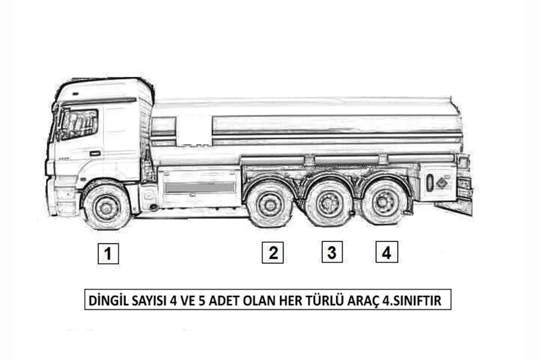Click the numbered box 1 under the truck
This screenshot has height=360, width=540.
(108, 254)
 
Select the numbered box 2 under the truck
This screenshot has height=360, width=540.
(273, 253)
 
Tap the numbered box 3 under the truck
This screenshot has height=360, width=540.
(332, 252)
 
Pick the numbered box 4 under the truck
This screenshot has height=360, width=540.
(387, 252)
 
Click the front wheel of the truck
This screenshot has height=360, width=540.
(107, 206)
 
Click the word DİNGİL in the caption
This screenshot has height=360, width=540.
(108, 300)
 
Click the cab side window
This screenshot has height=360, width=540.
(79, 124)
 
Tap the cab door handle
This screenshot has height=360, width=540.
(96, 153)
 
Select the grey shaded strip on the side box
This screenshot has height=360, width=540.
(200, 188)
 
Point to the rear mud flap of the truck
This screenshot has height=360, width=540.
(453, 209)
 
